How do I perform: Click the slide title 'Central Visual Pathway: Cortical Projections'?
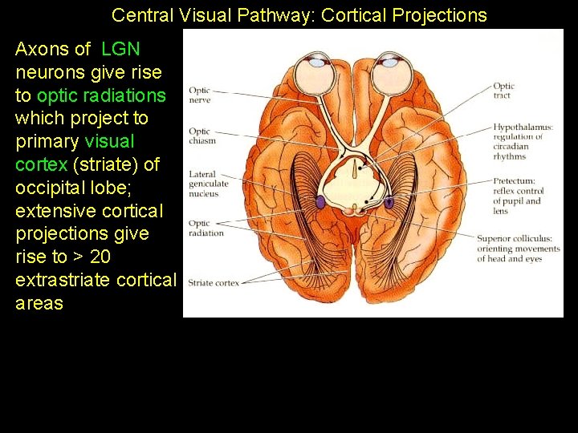pyautogui.click(x=299, y=15)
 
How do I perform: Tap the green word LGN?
pyautogui.click(x=120, y=49)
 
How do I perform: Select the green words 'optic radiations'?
pyautogui.click(x=101, y=95)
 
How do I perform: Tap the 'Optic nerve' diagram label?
pyautogui.click(x=199, y=95)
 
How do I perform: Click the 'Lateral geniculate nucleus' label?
pyautogui.click(x=208, y=184)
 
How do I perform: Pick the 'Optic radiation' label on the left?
pyautogui.click(x=206, y=229)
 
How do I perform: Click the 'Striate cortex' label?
pyautogui.click(x=213, y=282)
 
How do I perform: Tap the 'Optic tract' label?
pyautogui.click(x=503, y=91)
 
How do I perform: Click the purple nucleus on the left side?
pyautogui.click(x=320, y=203)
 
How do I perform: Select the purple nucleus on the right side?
pyautogui.click(x=389, y=203)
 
